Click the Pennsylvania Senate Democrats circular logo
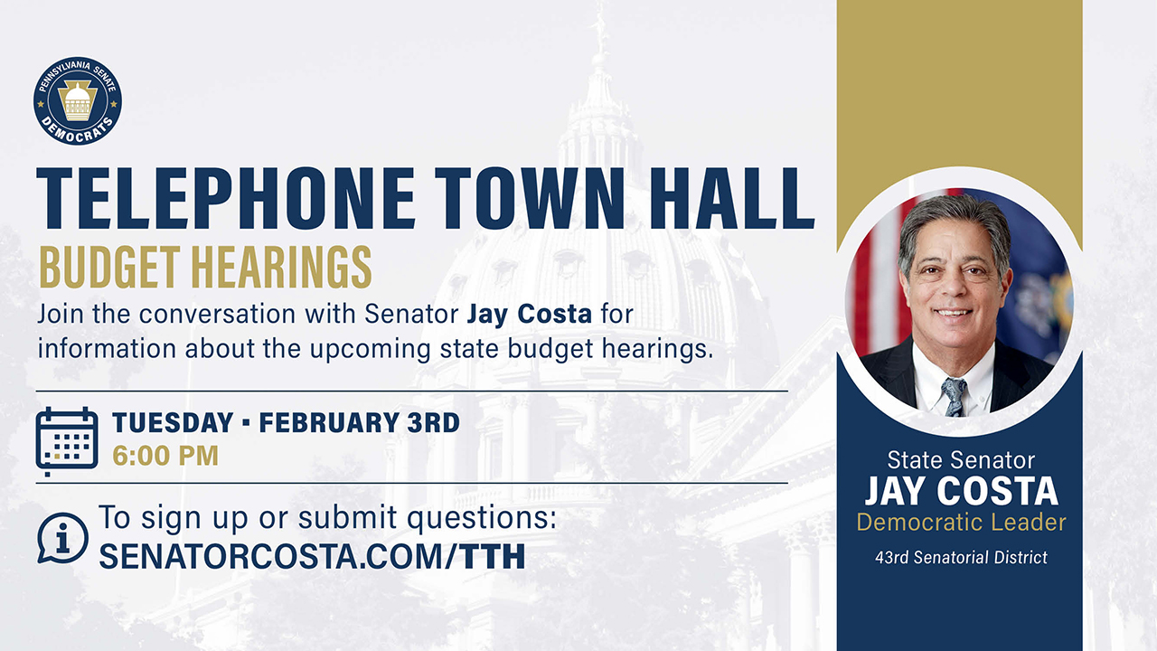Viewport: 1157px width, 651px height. [78, 100]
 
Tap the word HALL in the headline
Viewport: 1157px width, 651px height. [727, 198]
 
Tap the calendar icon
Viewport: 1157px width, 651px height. [67, 440]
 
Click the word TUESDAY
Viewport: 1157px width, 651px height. [173, 422]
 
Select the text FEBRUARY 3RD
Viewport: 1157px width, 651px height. [360, 422]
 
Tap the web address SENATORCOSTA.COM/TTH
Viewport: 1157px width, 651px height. [312, 556]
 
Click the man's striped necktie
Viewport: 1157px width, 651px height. [954, 395]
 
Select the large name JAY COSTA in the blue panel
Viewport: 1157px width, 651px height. [961, 491]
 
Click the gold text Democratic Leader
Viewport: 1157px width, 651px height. [961, 523]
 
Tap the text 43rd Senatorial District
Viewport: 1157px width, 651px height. [961, 557]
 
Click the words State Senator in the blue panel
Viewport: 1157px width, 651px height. [961, 459]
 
